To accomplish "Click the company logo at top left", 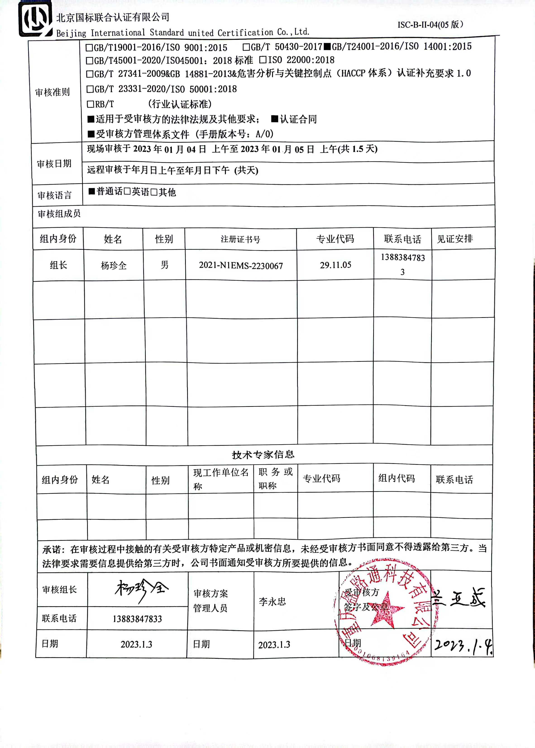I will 35,19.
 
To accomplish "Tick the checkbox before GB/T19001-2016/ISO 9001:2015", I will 89,48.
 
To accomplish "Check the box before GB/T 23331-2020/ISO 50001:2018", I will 90,89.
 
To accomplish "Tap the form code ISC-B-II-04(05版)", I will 430,25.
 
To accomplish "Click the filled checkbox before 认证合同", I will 275,119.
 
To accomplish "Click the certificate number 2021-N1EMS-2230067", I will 241,266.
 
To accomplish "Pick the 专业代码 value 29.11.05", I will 335,265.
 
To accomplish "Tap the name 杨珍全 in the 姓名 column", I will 114,266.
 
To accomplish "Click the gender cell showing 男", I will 164,265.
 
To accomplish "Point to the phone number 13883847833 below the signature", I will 137,619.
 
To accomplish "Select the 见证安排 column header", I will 455,239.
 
